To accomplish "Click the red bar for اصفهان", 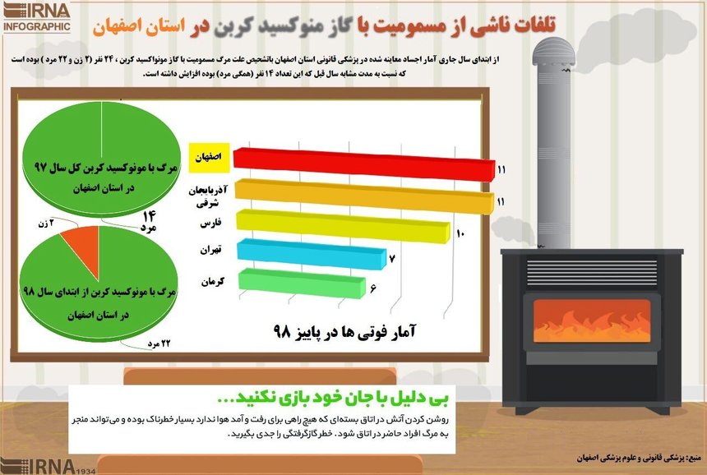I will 362,163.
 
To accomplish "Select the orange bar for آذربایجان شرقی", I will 362,194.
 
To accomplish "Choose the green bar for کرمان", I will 301,284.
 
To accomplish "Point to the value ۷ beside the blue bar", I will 393,261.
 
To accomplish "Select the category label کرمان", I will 213,281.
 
